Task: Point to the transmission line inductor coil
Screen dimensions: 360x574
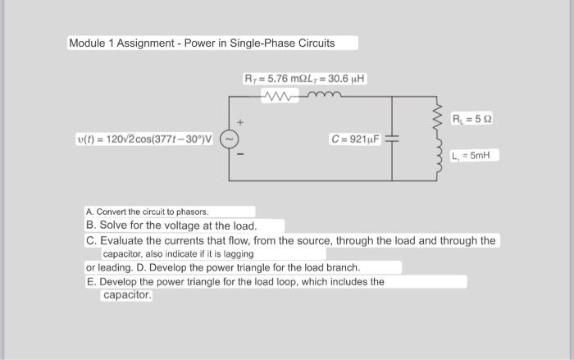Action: pyautogui.click(x=321, y=96)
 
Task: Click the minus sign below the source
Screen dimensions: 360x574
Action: pyautogui.click(x=239, y=155)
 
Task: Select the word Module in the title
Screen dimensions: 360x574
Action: pyautogui.click(x=89, y=43)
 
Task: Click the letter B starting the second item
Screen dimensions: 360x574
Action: pyautogui.click(x=91, y=226)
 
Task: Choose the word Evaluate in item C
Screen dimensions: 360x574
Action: pyautogui.click(x=125, y=240)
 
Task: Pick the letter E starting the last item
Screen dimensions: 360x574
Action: pyautogui.click(x=90, y=281)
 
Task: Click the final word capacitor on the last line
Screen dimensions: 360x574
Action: pyautogui.click(x=127, y=295)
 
